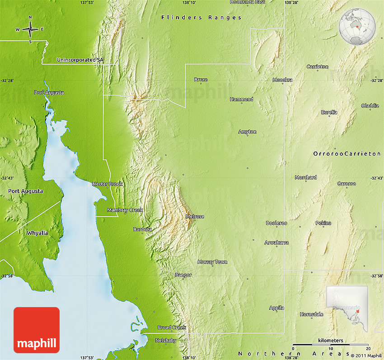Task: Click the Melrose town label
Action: tap(195, 217)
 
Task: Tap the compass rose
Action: tap(30, 30)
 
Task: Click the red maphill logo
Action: tap(37, 330)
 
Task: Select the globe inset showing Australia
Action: tap(357, 28)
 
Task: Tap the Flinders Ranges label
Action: tap(201, 18)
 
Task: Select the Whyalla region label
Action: tap(37, 233)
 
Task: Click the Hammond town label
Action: tap(242, 99)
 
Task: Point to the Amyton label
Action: tap(247, 132)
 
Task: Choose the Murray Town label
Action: tap(212, 262)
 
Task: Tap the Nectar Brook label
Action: tap(107, 184)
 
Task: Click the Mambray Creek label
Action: tap(125, 210)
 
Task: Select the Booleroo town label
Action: tap(276, 223)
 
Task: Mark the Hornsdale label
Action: tap(312, 314)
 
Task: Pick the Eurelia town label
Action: tap(329, 112)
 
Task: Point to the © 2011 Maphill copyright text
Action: tap(365, 355)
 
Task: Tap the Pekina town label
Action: tap(323, 223)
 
